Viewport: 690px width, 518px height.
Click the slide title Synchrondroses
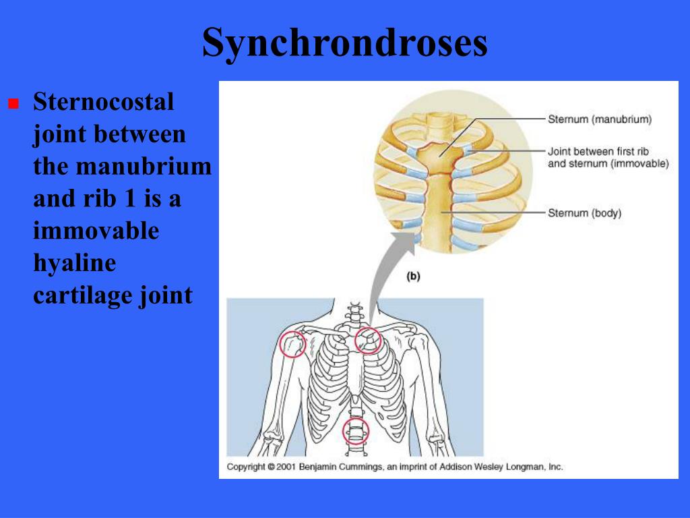click(345, 43)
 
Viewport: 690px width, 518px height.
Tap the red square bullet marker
click(13, 103)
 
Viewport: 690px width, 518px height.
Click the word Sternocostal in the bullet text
click(103, 101)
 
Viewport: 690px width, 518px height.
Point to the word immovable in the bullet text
click(96, 231)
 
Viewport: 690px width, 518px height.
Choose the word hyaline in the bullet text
click(75, 264)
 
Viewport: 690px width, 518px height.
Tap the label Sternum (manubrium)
click(599, 119)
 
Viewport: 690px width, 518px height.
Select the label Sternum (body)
click(584, 213)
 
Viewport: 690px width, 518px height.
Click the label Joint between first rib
click(598, 152)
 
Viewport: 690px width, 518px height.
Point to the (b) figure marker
click(413, 277)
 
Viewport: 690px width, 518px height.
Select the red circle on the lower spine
click(344, 431)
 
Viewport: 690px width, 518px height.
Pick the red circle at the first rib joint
click(356, 341)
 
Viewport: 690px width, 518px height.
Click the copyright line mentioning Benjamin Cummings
click(395, 467)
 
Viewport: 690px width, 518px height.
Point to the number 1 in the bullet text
click(129, 199)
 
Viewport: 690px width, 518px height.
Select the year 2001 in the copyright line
click(286, 467)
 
